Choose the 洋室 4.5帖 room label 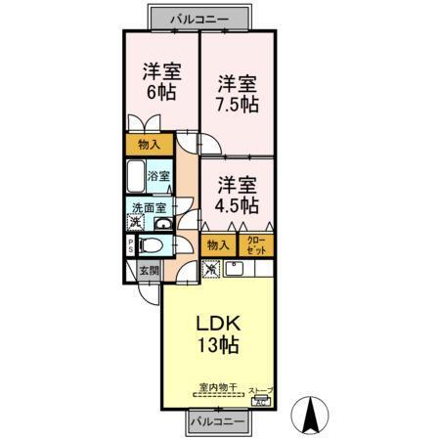point(237,194)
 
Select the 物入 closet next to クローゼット point(219,245)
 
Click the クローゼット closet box point(255,245)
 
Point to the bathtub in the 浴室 point(136,179)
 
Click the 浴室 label point(158,176)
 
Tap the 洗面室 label point(149,207)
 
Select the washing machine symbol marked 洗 point(136,223)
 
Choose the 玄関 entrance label point(146,271)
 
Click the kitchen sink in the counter point(236,268)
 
